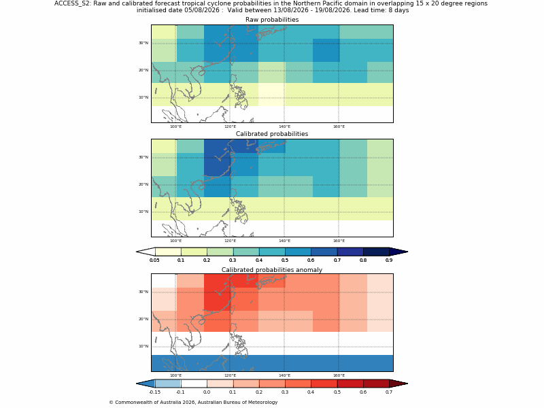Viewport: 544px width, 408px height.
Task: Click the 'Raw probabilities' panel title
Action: click(272, 20)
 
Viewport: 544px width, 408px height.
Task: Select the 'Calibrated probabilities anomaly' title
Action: click(272, 270)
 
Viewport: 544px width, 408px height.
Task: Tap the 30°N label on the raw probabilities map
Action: click(143, 43)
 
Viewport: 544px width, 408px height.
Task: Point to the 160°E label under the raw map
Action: click(339, 126)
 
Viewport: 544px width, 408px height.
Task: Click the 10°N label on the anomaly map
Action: click(143, 346)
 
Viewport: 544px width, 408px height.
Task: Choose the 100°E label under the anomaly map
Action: click(175, 375)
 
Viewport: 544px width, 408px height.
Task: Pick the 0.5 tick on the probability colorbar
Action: click(285, 260)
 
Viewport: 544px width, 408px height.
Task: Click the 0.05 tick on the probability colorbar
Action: click(154, 260)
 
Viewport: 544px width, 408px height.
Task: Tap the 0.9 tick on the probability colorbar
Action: click(389, 260)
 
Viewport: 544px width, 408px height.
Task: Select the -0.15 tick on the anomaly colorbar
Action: click(154, 392)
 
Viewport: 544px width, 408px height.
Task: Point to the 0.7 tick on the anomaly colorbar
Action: click(389, 392)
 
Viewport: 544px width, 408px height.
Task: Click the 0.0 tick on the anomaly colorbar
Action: click(207, 392)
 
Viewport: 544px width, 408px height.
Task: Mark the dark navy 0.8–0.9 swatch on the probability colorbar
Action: click(376, 252)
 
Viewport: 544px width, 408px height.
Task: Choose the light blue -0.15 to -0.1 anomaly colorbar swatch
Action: click(168, 384)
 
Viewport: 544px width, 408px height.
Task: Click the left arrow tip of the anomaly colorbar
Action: click(137, 384)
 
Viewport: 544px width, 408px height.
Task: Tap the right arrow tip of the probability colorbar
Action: click(407, 252)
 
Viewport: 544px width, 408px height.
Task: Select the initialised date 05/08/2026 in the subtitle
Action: click(203, 10)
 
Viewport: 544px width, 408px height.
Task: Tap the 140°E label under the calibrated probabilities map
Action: click(284, 241)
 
